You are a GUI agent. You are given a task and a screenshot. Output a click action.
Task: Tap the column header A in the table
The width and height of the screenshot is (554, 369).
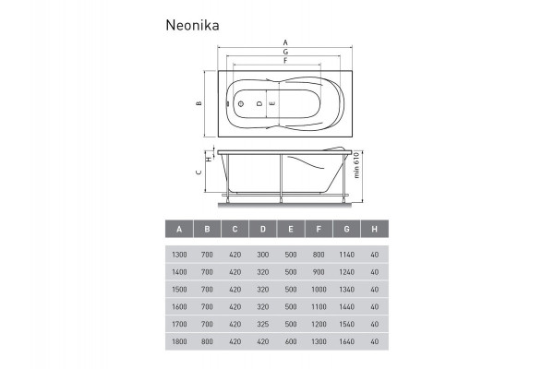pyautogui.click(x=177, y=230)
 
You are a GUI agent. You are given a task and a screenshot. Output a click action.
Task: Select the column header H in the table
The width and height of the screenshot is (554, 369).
pyautogui.click(x=374, y=230)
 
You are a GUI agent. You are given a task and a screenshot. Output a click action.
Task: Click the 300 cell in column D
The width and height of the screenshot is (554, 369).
pyautogui.click(x=263, y=255)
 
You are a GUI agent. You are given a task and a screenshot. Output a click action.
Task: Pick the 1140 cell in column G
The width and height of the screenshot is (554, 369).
pyautogui.click(x=347, y=255)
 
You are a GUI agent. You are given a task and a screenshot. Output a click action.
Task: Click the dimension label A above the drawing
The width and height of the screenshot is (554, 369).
pyautogui.click(x=285, y=43)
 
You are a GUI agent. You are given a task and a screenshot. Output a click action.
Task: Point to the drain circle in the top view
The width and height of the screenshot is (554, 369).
pyautogui.click(x=241, y=104)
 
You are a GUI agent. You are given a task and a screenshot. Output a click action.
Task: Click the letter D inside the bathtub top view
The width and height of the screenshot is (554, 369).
pyautogui.click(x=259, y=104)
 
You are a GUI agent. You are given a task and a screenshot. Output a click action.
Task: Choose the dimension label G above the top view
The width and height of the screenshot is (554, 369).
pyautogui.click(x=285, y=53)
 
